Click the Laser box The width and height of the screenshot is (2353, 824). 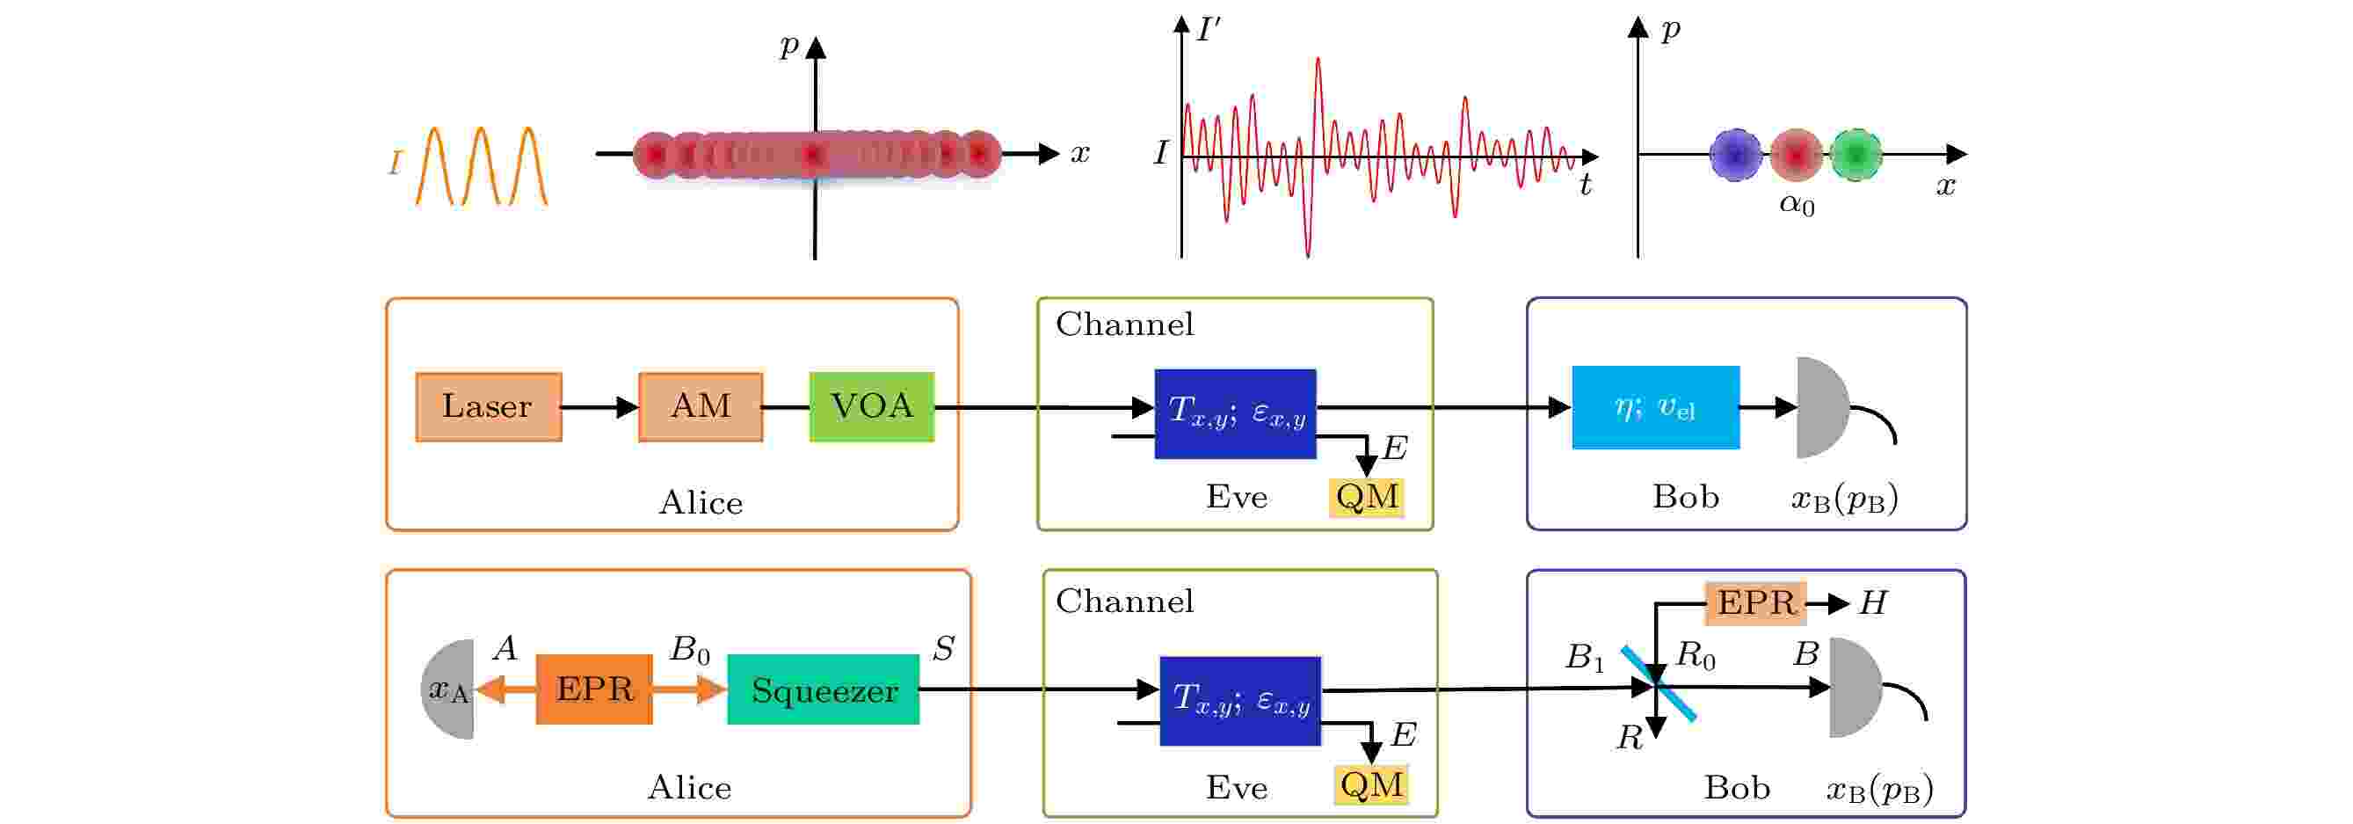[489, 406]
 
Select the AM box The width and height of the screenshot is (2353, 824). [701, 406]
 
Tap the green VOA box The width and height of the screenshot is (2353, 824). [871, 406]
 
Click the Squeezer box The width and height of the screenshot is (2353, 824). [823, 689]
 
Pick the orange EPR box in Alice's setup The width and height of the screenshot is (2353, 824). [593, 689]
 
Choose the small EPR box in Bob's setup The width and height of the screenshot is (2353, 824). [1755, 603]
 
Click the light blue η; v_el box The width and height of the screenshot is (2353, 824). [1655, 407]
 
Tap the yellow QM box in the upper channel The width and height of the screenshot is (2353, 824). [1367, 498]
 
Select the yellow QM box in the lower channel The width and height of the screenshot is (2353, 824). [1371, 784]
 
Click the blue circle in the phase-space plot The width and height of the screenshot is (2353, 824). [1735, 155]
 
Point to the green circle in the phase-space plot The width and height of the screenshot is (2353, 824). [1856, 155]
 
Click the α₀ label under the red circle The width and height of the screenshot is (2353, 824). [1797, 204]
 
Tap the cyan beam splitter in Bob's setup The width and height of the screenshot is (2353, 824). [1659, 684]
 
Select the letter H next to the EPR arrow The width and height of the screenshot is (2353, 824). [1873, 603]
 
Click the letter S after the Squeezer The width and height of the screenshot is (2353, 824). [944, 649]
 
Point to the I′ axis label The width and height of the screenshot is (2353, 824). [1209, 30]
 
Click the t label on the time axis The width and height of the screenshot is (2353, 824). [1585, 186]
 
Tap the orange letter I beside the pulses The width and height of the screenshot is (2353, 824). [396, 164]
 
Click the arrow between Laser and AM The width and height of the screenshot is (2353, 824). [600, 406]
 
